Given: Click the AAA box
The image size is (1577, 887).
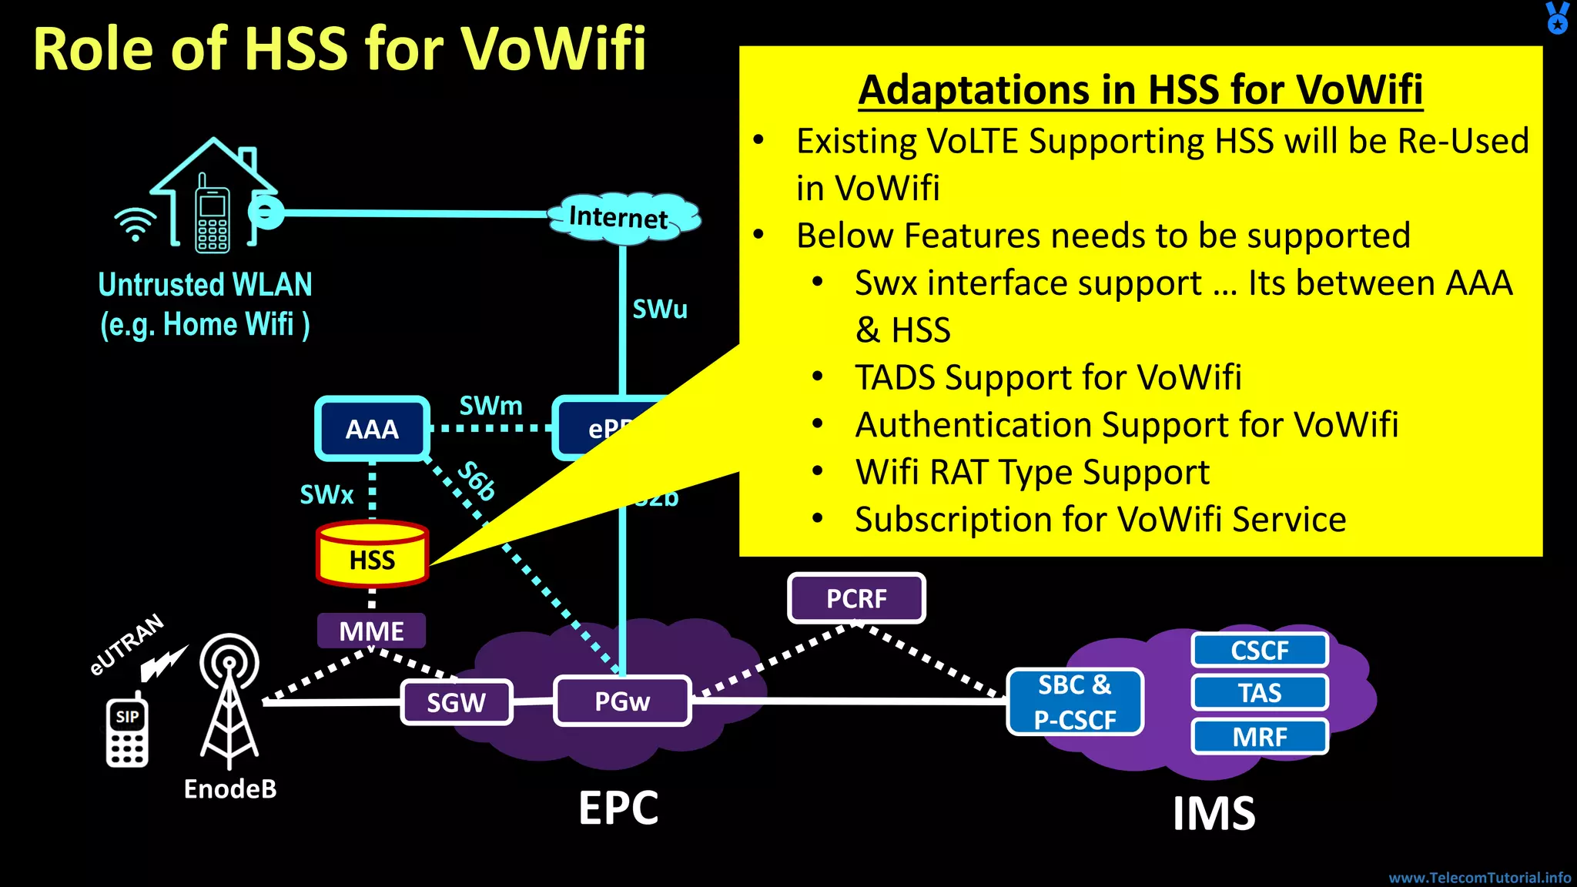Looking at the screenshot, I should pos(372,429).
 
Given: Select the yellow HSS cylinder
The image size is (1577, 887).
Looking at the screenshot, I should pos(372,555).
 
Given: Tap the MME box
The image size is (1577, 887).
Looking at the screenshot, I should pos(371,631).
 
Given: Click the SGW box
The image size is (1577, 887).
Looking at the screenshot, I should pos(457,702).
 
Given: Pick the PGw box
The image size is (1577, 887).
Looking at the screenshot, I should pos(622,701).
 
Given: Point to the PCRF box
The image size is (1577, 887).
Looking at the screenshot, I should pos(856,598).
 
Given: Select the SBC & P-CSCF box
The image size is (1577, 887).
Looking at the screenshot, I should pos(1075,702).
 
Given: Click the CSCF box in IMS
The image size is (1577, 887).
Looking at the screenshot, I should pos(1260,651).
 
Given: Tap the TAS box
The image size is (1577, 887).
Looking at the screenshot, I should pos(1260,693).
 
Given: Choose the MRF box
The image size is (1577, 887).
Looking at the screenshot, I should pos(1260,737).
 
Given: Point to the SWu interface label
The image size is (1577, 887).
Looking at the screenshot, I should pos(660,310).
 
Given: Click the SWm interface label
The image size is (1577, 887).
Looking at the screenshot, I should pos(491,406).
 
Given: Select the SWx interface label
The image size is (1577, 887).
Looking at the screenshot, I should pos(326,495).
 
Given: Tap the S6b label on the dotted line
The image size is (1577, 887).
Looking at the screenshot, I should pos(477,481).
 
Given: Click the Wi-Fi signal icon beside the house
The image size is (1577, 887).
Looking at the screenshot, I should pos(136,224).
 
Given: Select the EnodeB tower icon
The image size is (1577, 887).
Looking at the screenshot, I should pos(229,701).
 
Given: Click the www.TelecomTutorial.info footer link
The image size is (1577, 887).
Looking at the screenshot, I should pos(1479,878).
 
